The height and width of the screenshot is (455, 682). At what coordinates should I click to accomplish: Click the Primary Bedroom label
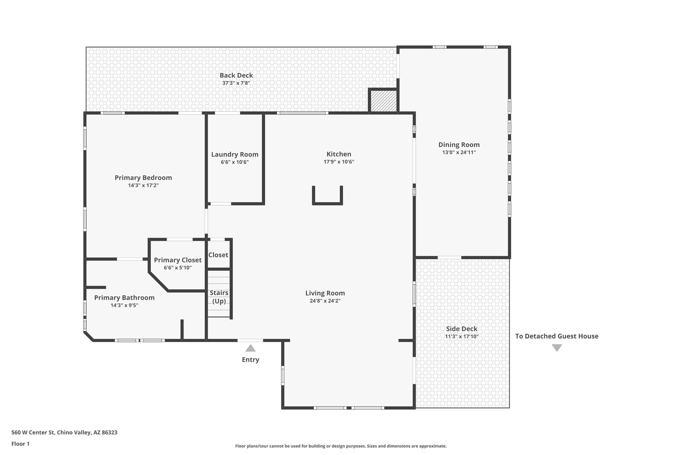pos(143,178)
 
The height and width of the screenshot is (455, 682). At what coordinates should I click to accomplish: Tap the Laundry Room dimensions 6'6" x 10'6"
pos(234,162)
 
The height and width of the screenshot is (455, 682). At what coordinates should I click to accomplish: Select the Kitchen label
pos(339,154)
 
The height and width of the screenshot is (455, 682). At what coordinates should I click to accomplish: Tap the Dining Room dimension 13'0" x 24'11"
pos(459,153)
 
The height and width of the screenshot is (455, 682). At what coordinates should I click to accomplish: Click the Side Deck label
pos(462,329)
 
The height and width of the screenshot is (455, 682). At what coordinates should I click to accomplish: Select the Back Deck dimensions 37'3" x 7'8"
pos(236,83)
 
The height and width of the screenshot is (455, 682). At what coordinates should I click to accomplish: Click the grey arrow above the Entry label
pos(250,348)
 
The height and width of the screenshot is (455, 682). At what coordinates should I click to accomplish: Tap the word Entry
pos(250,360)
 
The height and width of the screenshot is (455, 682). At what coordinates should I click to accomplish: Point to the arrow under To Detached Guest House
pos(557,348)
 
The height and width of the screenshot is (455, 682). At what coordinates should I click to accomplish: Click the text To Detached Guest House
pos(557,336)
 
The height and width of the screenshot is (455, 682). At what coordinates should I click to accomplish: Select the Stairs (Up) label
pos(219,297)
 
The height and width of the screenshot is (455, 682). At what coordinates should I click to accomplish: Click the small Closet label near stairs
pos(218,255)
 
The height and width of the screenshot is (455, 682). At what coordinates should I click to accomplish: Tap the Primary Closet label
pos(177,260)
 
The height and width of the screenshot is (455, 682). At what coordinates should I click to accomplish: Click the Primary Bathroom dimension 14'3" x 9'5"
pos(124,305)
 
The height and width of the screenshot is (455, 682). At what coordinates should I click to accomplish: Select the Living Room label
pos(325,293)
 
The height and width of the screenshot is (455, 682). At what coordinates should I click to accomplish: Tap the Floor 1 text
pos(20,444)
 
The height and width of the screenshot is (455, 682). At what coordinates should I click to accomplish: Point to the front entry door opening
pos(250,340)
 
